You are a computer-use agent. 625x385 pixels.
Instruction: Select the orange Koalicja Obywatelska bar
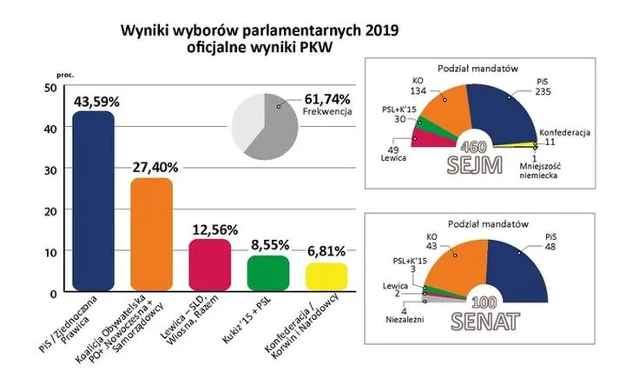152,235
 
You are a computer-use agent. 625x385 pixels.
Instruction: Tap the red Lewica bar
209,265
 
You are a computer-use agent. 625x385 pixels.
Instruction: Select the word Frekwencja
330,113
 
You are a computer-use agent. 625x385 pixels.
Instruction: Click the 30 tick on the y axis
49,169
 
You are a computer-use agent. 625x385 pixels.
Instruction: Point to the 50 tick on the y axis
49,87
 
